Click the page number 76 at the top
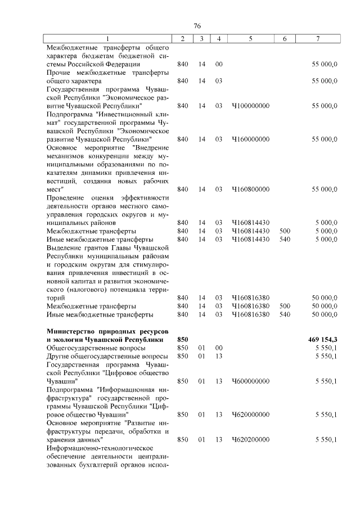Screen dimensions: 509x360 coord(197,26)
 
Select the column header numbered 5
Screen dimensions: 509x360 coord(250,38)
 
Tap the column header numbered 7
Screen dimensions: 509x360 coord(318,38)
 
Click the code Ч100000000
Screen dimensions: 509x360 coord(250,106)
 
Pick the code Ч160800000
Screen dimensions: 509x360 coord(250,189)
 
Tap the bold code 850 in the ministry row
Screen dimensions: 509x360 coord(182,340)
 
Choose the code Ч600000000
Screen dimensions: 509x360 coord(250,381)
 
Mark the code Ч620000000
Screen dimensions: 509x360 coord(250,415)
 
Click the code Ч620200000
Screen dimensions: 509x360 coord(250,439)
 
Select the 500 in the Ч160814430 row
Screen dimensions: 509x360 coord(285,231)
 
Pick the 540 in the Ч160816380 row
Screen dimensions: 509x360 coord(285,314)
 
